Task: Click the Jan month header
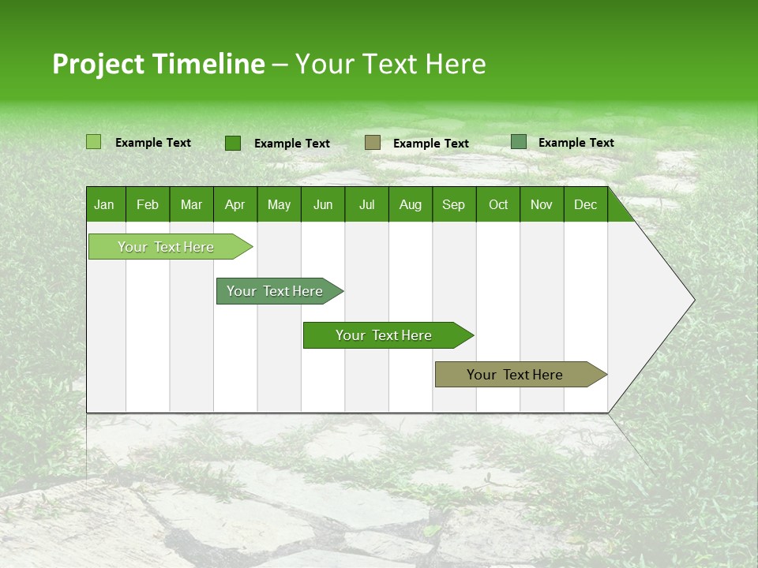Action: (x=104, y=204)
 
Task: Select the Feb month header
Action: (x=148, y=204)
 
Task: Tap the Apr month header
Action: (x=235, y=204)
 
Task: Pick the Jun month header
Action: (x=322, y=204)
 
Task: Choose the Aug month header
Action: (x=410, y=204)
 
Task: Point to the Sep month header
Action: (x=453, y=204)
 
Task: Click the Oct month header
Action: (x=497, y=204)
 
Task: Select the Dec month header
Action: (x=585, y=204)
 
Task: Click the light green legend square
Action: (x=93, y=142)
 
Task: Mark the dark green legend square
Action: (x=233, y=143)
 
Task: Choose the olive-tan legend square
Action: (x=373, y=143)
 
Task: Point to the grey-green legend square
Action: (x=519, y=142)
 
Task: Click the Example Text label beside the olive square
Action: (x=430, y=143)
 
